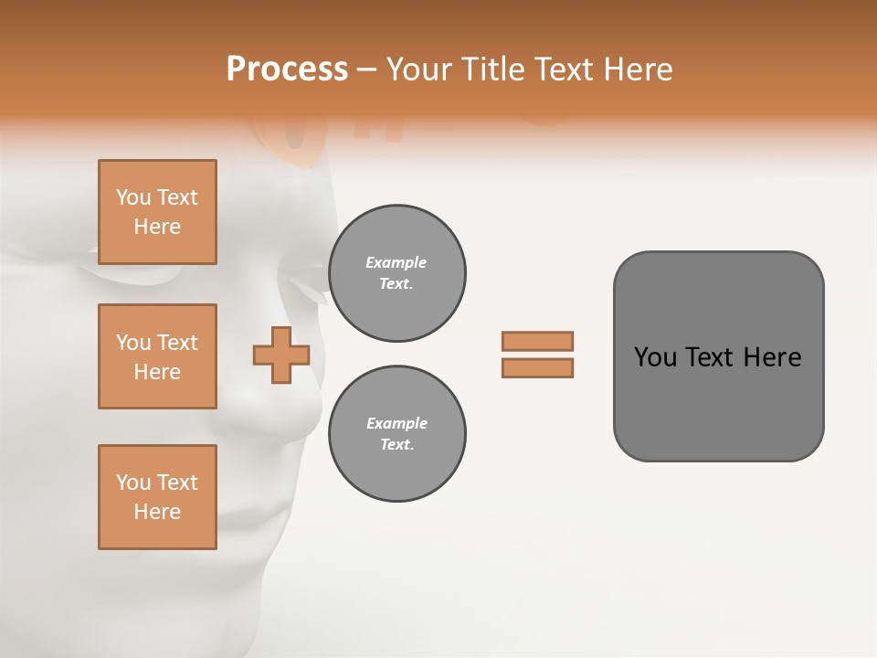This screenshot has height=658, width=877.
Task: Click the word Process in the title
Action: point(287,69)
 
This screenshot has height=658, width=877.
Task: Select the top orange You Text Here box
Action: point(157,212)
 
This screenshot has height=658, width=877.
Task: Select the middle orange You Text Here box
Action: point(157,356)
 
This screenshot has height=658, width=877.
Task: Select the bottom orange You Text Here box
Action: point(157,497)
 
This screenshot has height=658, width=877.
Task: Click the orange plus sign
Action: point(281,355)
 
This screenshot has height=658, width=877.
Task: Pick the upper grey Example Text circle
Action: point(396,273)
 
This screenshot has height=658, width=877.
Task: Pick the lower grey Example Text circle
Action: point(396,434)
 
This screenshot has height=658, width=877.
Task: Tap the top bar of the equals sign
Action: point(537,341)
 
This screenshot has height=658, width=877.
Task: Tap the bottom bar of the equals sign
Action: point(537,368)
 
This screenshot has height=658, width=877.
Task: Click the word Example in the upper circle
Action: point(396,262)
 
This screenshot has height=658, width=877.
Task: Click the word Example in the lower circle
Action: point(396,423)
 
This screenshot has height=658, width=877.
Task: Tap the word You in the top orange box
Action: point(133,197)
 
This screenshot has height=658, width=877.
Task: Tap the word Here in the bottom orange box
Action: point(157,512)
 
